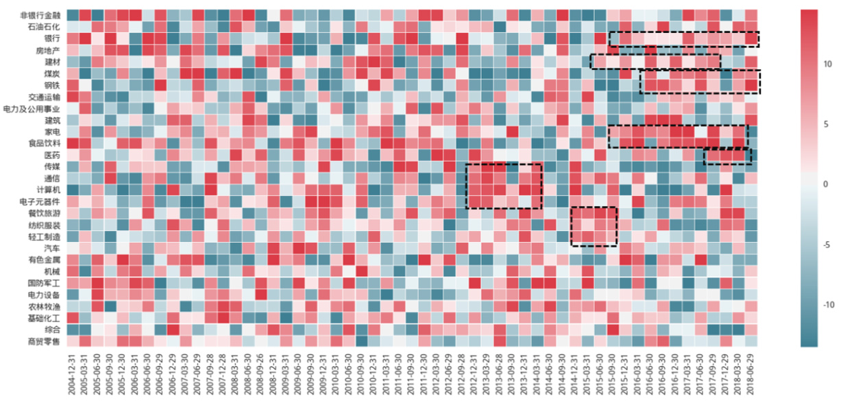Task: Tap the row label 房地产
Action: coord(48,50)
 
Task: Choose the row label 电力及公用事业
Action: coord(38,108)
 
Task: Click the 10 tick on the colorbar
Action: coord(827,64)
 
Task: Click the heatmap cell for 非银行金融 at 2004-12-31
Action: coord(73,15)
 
